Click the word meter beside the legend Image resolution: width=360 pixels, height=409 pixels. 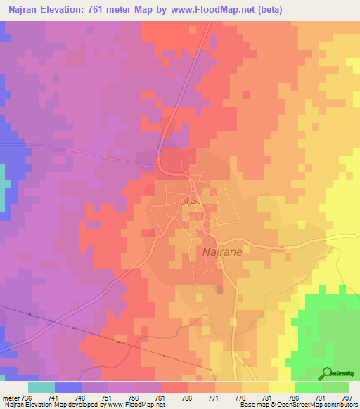[11, 397]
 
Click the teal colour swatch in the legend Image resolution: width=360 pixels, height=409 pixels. [41, 387]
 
